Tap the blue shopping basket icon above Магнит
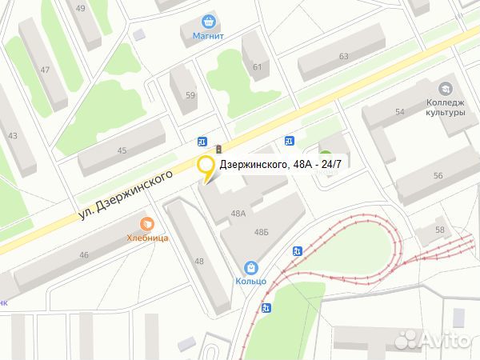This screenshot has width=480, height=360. [209, 22]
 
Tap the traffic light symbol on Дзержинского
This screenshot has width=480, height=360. [218, 148]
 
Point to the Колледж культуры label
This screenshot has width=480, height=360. [446, 107]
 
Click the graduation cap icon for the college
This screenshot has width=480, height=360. [445, 88]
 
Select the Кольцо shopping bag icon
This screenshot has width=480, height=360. [251, 267]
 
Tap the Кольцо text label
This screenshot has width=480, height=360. [251, 281]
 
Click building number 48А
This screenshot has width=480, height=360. [238, 214]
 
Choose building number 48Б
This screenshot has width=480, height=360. [261, 231]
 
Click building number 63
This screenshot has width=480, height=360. [344, 56]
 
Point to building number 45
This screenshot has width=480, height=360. [122, 150]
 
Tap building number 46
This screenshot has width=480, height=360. [84, 255]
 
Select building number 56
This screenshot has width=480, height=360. [438, 175]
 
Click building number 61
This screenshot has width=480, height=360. [257, 66]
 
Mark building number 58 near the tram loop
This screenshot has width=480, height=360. [439, 230]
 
